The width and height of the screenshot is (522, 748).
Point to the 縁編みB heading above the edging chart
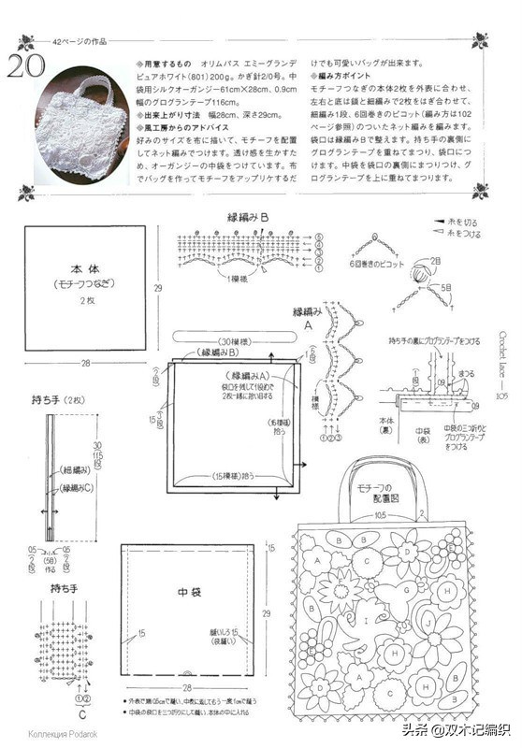248,217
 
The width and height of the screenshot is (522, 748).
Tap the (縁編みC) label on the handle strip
77,488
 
